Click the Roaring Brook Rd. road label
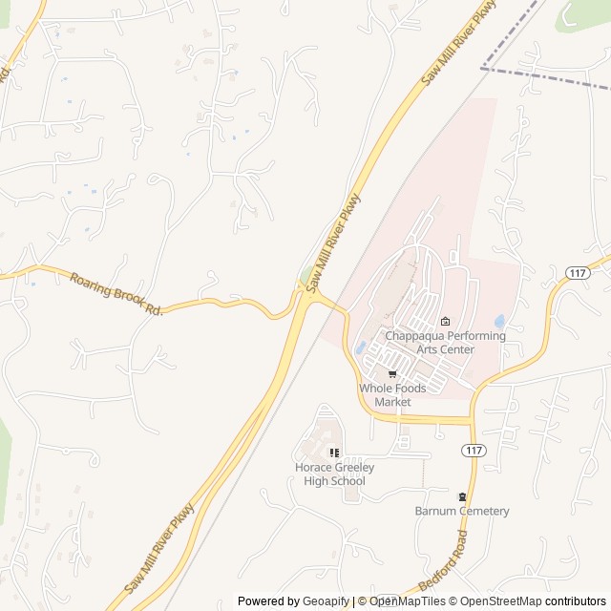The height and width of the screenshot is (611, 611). click(x=116, y=293)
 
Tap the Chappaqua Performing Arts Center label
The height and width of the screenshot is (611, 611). click(x=445, y=343)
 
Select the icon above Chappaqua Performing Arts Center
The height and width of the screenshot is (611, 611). click(x=445, y=321)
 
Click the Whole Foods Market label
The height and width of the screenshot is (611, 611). click(x=392, y=395)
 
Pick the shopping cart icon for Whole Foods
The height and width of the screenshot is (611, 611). click(x=392, y=374)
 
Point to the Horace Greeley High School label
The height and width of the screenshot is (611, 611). click(x=334, y=474)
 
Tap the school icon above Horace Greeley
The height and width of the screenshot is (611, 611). click(x=334, y=453)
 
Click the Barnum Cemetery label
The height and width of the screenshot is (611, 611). click(x=462, y=511)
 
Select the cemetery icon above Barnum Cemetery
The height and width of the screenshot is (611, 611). click(x=463, y=495)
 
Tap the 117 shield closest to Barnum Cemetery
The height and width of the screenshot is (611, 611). click(x=471, y=449)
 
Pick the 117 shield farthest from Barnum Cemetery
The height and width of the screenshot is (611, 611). click(x=577, y=273)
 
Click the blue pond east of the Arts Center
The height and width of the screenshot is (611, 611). click(x=500, y=322)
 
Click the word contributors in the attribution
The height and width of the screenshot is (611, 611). click(x=576, y=601)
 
